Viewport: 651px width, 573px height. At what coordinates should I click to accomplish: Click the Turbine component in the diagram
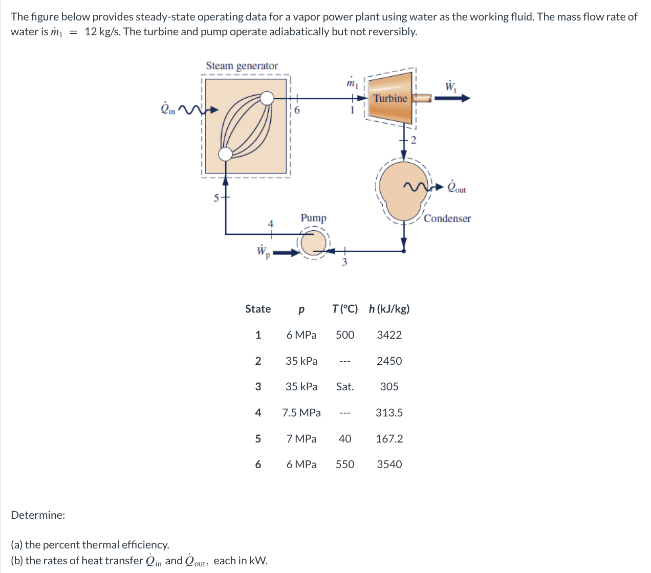[x=390, y=98]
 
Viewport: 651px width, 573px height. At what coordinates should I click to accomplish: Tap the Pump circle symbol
[x=313, y=244]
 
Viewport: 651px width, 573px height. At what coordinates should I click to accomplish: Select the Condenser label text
[x=447, y=218]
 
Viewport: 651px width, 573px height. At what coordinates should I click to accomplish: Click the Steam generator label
[x=242, y=65]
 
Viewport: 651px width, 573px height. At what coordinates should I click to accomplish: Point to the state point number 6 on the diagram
[x=297, y=109]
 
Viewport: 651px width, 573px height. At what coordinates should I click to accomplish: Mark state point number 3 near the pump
[x=344, y=262]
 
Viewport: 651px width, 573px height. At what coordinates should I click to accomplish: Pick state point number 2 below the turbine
[x=414, y=140]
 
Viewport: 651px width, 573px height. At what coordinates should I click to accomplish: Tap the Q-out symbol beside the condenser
[x=456, y=187]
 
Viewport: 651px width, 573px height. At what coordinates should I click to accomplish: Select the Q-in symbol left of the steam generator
[x=168, y=109]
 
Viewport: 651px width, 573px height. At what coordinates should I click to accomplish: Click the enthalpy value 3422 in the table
[x=389, y=335]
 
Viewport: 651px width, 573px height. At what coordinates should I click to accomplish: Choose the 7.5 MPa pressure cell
[x=301, y=413]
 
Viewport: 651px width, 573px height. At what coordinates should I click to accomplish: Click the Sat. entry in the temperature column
[x=344, y=387]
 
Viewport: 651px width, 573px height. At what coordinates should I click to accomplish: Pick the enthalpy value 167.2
[x=389, y=439]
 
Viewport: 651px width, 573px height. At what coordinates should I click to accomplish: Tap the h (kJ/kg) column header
[x=389, y=309]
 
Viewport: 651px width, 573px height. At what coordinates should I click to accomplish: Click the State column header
[x=258, y=309]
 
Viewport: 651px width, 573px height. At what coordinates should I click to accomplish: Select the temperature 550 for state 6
[x=344, y=465]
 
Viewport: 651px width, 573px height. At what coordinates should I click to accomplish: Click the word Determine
[x=38, y=515]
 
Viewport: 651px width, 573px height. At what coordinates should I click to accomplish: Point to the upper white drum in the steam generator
[x=267, y=98]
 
